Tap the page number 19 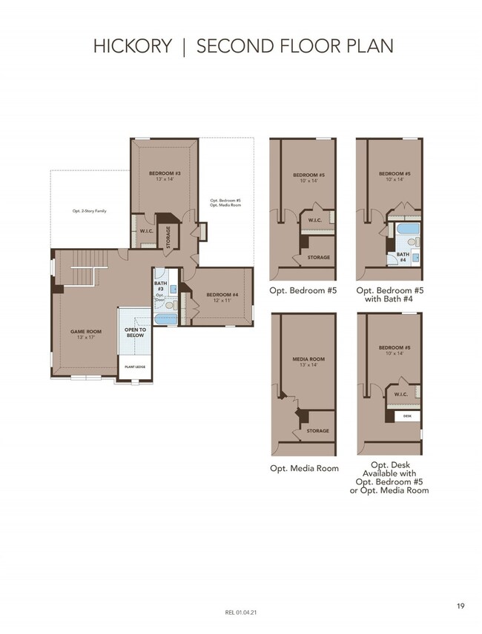pos(460,607)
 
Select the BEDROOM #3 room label pos(164,176)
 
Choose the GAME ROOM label pos(82,333)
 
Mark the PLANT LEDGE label pos(134,366)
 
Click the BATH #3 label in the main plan pos(159,285)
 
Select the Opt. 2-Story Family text pos(89,211)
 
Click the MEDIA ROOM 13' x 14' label pos(304,362)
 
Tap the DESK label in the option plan pos(406,416)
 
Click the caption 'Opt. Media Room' pos(304,468)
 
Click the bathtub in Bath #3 pos(166,319)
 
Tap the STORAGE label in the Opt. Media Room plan pos(317,431)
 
